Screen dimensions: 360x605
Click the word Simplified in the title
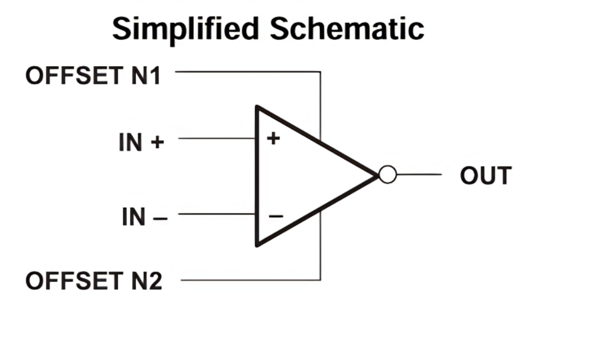[x=186, y=29]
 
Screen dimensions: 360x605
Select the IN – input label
[x=144, y=217]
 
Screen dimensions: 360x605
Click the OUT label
[x=485, y=176]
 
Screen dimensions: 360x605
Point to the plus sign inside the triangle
[x=274, y=138]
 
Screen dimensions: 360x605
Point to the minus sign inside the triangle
[x=275, y=216]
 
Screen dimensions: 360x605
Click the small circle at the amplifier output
[x=387, y=175]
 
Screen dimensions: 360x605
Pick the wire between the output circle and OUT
[x=419, y=175]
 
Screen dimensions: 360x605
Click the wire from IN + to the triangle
[x=217, y=138]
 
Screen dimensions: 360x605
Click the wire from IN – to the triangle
[x=217, y=214]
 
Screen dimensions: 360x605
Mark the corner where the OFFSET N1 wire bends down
[x=320, y=72]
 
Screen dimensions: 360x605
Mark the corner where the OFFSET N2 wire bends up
[x=320, y=280]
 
